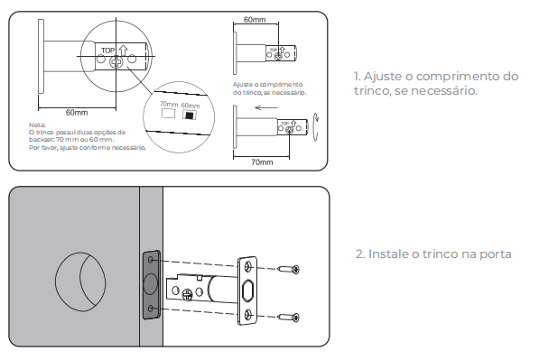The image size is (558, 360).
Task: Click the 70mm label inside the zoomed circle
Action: point(169,104)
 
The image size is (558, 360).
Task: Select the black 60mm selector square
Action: point(190,115)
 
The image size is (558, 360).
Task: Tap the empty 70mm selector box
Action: point(168,113)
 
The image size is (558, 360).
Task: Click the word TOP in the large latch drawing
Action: point(107,51)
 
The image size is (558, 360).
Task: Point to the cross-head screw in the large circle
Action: point(116,62)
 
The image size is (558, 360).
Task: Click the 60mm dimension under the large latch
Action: point(77,113)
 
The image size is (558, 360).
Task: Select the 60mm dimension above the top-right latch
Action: point(255,20)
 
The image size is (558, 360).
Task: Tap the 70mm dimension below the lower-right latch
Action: point(262,162)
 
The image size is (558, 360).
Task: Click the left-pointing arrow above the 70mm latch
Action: point(266,107)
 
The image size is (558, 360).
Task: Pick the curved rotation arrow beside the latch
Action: point(315,127)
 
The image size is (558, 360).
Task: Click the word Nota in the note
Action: point(37,125)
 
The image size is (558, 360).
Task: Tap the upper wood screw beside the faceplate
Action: point(288,269)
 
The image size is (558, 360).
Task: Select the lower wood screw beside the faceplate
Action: point(288,317)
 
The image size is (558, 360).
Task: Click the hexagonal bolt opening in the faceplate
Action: point(247,291)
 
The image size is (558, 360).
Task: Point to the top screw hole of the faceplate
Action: point(248,266)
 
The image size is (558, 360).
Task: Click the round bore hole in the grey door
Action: point(80,282)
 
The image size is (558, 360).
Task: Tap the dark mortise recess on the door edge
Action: point(152,285)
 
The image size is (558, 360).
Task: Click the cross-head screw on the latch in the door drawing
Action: point(187,294)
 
